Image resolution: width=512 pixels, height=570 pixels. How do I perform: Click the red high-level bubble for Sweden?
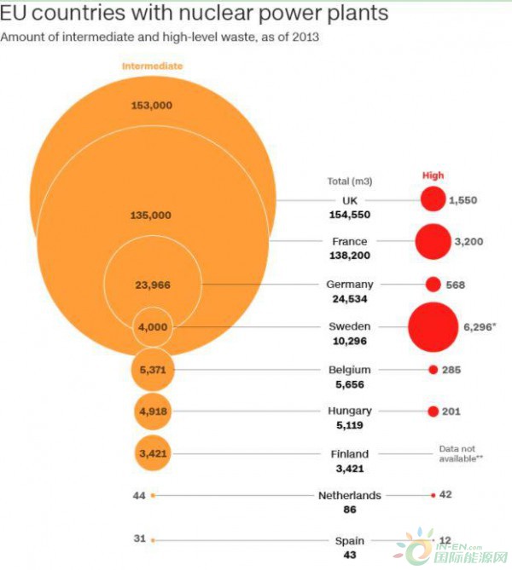[433, 327]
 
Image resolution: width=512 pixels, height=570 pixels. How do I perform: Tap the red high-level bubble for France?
[433, 241]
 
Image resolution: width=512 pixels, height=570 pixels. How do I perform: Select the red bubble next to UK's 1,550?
[433, 199]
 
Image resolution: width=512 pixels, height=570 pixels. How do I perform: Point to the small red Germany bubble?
[433, 285]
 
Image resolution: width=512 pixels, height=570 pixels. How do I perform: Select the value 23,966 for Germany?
[153, 285]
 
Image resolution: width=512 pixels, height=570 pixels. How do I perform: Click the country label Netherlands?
[349, 496]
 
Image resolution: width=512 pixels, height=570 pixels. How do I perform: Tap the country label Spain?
[349, 541]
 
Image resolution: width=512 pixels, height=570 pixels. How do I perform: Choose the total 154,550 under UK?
[349, 215]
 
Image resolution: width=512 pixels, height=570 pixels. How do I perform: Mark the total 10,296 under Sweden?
[349, 342]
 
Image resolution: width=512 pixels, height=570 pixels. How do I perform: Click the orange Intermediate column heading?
[152, 66]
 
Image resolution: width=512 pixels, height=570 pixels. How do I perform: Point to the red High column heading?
[433, 176]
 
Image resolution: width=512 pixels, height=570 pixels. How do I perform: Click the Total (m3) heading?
[349, 181]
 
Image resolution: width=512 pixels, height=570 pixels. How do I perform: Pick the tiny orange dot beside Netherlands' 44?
[153, 495]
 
